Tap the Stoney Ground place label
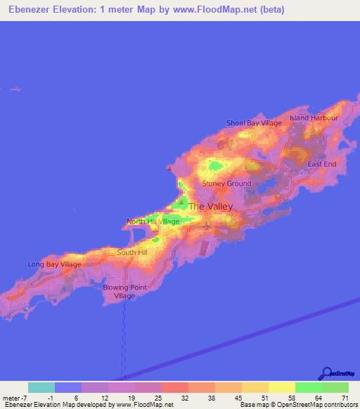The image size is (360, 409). (226, 183)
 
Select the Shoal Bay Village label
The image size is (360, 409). (254, 123)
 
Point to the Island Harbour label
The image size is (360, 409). (314, 118)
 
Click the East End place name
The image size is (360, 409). (322, 164)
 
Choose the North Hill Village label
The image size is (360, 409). (153, 221)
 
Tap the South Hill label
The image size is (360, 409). (132, 252)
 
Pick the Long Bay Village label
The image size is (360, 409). (54, 264)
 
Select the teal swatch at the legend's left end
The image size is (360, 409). (41, 387)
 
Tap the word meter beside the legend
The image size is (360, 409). (11, 398)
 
